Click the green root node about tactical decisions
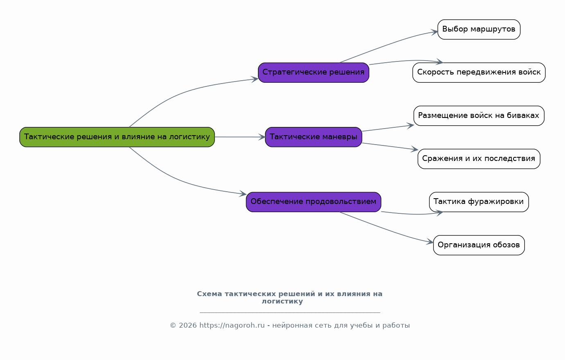[x=117, y=137]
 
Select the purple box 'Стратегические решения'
[x=314, y=72]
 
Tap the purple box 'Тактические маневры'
[x=314, y=137]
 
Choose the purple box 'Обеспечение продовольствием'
[x=314, y=202]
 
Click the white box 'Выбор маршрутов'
[x=479, y=29]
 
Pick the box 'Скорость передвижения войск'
[x=479, y=72]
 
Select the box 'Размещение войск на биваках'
[x=479, y=116]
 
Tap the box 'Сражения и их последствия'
[x=479, y=159]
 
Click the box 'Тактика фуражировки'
[x=479, y=202]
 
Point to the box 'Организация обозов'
[x=479, y=245]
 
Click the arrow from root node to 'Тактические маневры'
[x=240, y=137]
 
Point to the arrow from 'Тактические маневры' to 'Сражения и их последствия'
[x=390, y=146]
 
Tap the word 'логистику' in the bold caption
[x=282, y=301]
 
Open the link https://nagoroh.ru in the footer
[x=232, y=326]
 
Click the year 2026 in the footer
[x=188, y=326]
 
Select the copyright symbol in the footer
[x=173, y=326]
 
